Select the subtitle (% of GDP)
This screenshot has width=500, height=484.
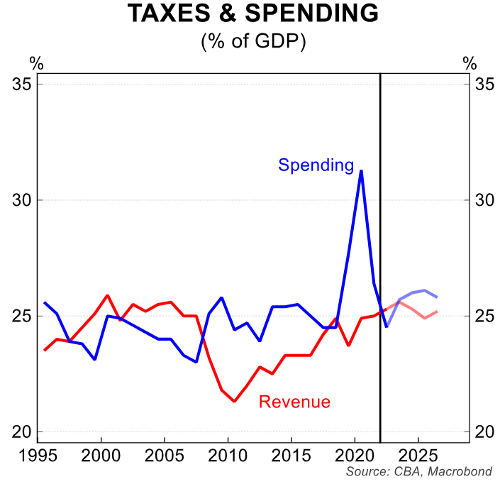coord(253,42)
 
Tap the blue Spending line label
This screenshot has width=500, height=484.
coord(316,165)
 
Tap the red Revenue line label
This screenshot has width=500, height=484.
coord(294,402)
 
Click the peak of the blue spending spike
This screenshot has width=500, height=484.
coord(362,170)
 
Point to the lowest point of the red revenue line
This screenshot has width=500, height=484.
coord(234,402)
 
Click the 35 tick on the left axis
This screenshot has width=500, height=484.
coord(24,84)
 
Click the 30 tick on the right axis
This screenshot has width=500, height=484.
coord(484,200)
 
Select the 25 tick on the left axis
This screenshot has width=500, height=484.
coord(24,316)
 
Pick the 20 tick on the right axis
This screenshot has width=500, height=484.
coord(484,431)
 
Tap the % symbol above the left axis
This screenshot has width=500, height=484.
coord(36,63)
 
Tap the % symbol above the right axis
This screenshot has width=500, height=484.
coord(469,63)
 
